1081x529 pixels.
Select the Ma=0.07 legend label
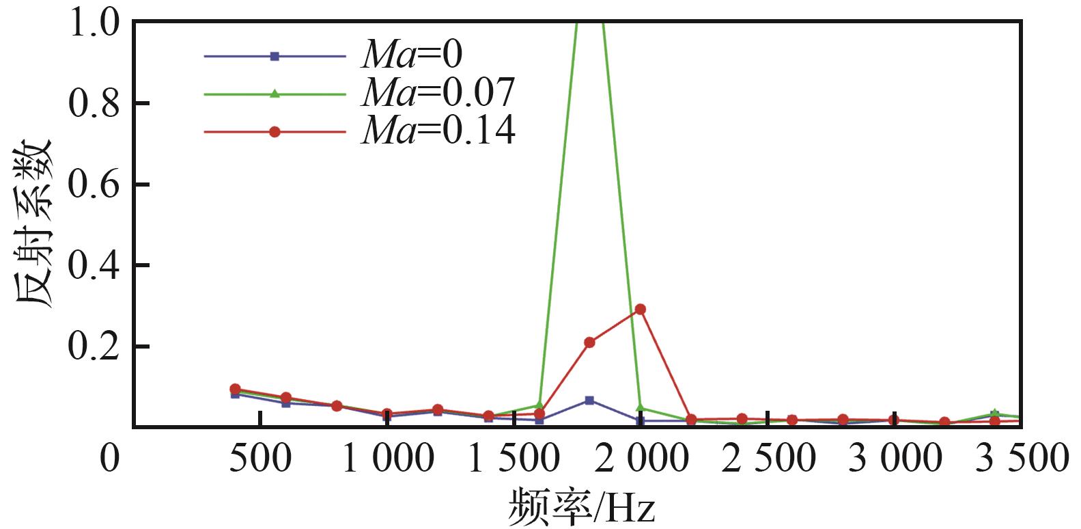(x=438, y=92)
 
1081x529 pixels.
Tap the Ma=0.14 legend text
(x=438, y=130)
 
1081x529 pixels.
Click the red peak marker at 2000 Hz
(x=640, y=310)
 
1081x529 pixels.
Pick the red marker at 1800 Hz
(x=589, y=342)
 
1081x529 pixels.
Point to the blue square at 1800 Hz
(x=589, y=400)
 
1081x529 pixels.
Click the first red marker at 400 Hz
(x=236, y=389)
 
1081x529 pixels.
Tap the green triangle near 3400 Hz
(x=994, y=413)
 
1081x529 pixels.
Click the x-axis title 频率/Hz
(x=580, y=508)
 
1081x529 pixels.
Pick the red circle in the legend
(x=275, y=132)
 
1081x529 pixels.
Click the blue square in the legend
(x=275, y=56)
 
